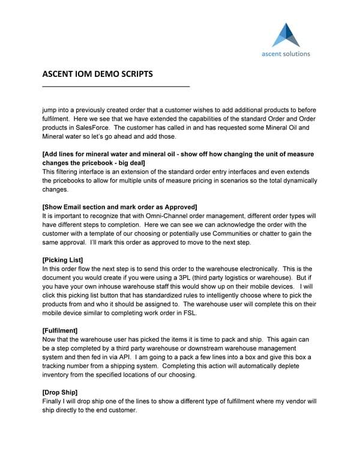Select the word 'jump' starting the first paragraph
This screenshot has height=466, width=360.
50,110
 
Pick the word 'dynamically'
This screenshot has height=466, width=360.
299,180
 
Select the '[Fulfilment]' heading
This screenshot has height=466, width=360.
60,330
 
